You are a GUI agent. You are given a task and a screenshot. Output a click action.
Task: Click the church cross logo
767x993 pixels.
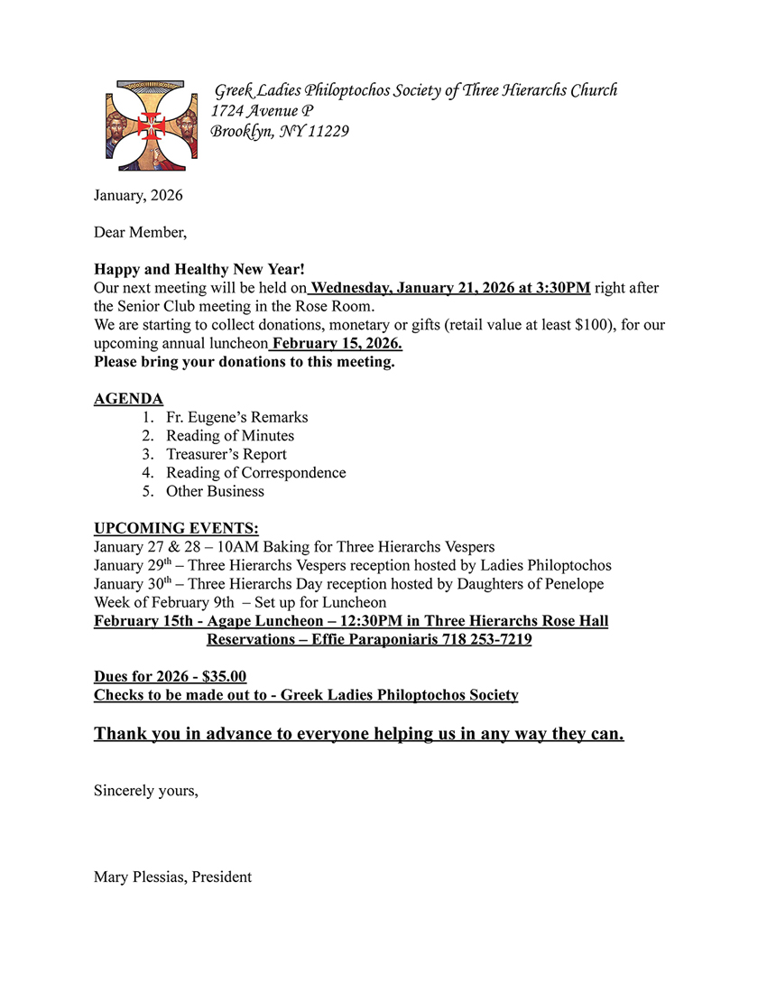(152, 125)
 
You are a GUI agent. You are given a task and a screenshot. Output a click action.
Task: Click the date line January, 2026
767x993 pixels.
(138, 195)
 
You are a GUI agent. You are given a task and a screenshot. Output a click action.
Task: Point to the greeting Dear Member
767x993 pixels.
(140, 232)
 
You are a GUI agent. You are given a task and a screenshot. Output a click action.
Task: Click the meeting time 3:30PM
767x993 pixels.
(559, 288)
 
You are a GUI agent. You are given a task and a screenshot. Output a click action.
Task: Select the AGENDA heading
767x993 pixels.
(129, 399)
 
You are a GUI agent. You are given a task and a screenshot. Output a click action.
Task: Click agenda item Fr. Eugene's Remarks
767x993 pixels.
(236, 417)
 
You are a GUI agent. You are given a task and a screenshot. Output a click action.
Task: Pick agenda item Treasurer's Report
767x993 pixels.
(226, 454)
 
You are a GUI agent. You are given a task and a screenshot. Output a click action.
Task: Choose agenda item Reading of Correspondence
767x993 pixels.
(255, 473)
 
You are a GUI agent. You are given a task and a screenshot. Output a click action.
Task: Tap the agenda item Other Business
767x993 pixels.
(215, 491)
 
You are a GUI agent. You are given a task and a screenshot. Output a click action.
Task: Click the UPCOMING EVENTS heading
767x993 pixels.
(176, 528)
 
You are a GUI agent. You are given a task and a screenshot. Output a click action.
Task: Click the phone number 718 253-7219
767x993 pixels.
(486, 640)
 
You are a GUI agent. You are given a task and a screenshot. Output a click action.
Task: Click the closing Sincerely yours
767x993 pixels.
(145, 791)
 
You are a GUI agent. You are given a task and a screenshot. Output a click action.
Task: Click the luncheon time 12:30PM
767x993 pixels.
(363, 621)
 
